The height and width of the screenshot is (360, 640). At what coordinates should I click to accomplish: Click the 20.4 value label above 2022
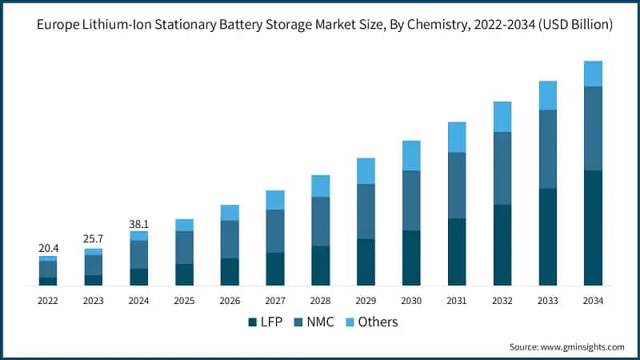48,248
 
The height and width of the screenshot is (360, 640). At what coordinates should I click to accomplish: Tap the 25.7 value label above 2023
94,239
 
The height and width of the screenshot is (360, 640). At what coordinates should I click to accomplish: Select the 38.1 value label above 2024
139,224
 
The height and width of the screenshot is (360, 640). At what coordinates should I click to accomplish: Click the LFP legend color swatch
253,322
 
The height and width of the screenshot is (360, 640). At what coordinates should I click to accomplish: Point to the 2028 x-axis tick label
321,301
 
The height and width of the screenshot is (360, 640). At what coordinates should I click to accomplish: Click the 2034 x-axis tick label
593,301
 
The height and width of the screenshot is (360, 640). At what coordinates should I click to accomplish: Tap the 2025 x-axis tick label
185,301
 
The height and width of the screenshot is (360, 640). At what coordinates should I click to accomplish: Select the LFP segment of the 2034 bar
593,228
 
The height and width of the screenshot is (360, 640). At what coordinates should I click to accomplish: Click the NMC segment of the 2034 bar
593,128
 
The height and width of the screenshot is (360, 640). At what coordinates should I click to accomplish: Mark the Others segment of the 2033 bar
547,95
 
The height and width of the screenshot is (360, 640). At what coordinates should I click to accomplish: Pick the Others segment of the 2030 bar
411,155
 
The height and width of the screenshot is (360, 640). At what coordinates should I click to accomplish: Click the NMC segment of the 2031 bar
457,185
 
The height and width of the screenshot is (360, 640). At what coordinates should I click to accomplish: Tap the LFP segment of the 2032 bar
502,245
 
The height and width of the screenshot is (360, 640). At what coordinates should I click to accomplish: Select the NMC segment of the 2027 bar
275,231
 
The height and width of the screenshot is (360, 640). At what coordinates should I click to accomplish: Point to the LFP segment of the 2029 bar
366,262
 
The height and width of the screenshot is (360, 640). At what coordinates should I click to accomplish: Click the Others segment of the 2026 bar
230,212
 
